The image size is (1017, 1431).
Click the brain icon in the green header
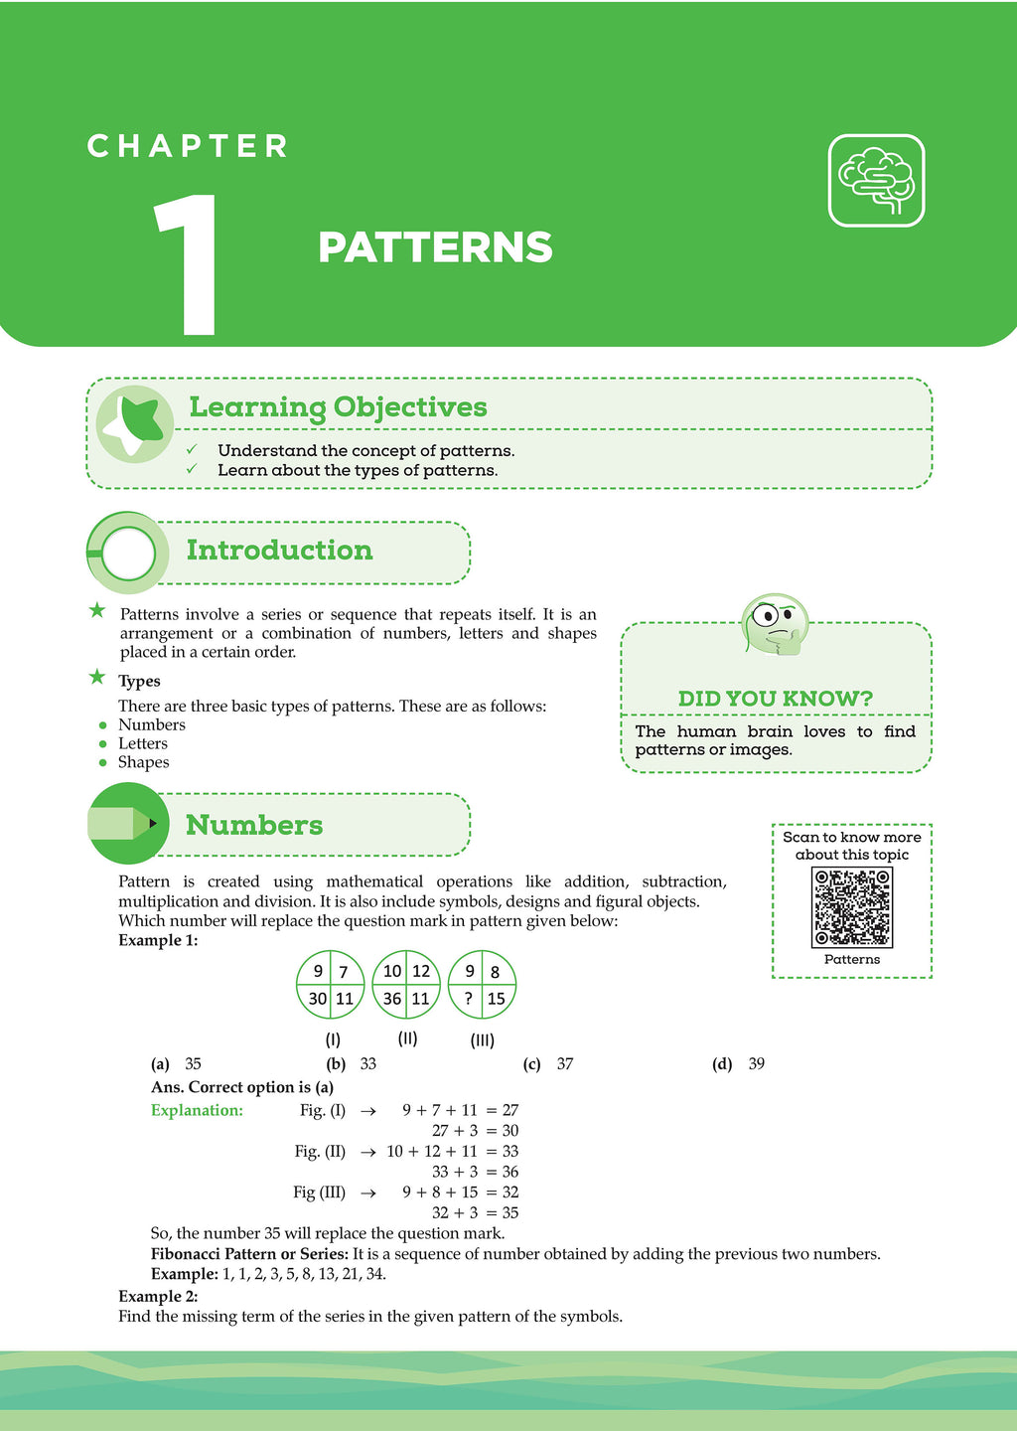[876, 181]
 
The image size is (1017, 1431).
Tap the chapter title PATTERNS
[435, 248]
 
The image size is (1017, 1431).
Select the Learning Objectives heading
[338, 407]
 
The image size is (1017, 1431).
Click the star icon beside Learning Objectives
[136, 423]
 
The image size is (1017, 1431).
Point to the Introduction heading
[279, 551]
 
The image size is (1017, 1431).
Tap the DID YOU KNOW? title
[776, 699]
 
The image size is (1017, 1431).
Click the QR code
[852, 907]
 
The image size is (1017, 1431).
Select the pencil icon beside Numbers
[126, 824]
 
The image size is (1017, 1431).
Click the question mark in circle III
[468, 999]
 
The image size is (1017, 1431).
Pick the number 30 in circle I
[318, 999]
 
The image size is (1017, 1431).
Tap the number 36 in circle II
[392, 999]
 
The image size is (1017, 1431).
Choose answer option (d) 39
[739, 1064]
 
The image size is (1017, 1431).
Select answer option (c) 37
[548, 1064]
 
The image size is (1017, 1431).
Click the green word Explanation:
[197, 1111]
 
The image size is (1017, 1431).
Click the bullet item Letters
[143, 743]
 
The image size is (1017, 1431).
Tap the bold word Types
[139, 682]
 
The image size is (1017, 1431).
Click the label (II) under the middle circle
[407, 1038]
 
